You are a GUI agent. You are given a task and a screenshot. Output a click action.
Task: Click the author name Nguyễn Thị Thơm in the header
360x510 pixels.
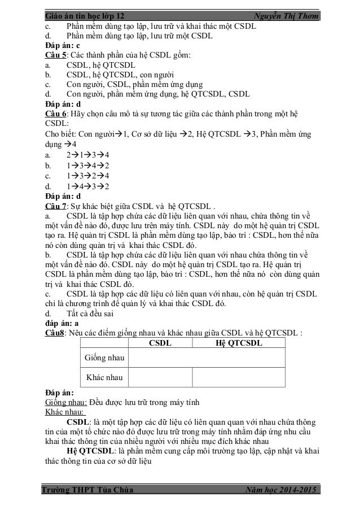click(286, 15)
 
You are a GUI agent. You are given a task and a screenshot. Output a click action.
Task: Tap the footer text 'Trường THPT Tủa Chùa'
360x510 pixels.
click(89, 490)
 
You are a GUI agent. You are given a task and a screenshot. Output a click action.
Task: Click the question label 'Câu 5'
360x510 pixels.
click(55, 55)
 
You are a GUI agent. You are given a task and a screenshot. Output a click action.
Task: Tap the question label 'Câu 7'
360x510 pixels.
click(55, 205)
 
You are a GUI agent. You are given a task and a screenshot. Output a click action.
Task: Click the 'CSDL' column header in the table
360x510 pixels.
click(161, 343)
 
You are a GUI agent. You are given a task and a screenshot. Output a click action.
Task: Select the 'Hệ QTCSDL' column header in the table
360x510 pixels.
click(239, 343)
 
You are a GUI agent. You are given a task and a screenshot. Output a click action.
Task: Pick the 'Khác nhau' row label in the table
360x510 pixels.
click(104, 377)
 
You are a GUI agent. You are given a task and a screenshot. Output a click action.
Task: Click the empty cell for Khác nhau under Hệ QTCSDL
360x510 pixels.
click(239, 377)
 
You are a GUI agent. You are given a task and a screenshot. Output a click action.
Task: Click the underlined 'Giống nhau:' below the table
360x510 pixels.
click(65, 402)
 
